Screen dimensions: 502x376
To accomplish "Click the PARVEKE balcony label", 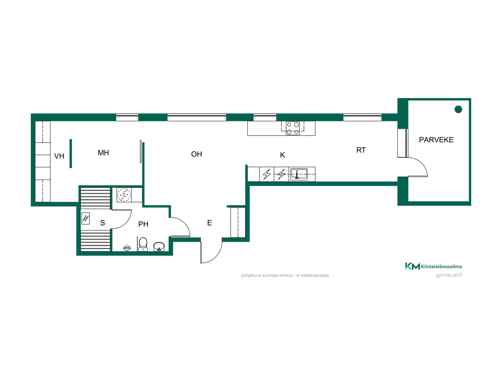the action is pos(436,140).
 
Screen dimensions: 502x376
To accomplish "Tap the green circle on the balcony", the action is pos(458,109).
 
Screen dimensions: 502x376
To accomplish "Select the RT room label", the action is pos(361,150).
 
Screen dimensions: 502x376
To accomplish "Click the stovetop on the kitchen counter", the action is pos(293,128).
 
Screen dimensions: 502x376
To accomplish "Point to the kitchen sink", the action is pos(299,174).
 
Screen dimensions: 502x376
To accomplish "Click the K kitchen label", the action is pos(282,155).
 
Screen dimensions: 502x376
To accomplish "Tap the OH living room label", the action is pos(197,154).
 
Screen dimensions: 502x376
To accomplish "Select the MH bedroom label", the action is pos(103,153).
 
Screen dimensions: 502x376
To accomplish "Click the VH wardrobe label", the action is pos(59,156).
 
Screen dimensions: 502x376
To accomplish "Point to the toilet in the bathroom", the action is pos(143,244).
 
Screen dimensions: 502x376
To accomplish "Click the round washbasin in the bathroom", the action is pos(159,247).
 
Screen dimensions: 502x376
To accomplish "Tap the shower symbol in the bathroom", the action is pos(127,248).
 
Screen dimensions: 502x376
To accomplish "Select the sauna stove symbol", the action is pos(86,218).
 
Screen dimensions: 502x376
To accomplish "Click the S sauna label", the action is pos(102,223).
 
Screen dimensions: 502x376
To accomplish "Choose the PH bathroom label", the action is pos(143,224).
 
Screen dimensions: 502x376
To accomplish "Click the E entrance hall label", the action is pos(210,223).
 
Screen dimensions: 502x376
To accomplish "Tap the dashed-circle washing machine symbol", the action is pos(124,195).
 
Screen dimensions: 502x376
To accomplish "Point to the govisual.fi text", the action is pos(449,275).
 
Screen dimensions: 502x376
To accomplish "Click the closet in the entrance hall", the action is pos(238,222).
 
